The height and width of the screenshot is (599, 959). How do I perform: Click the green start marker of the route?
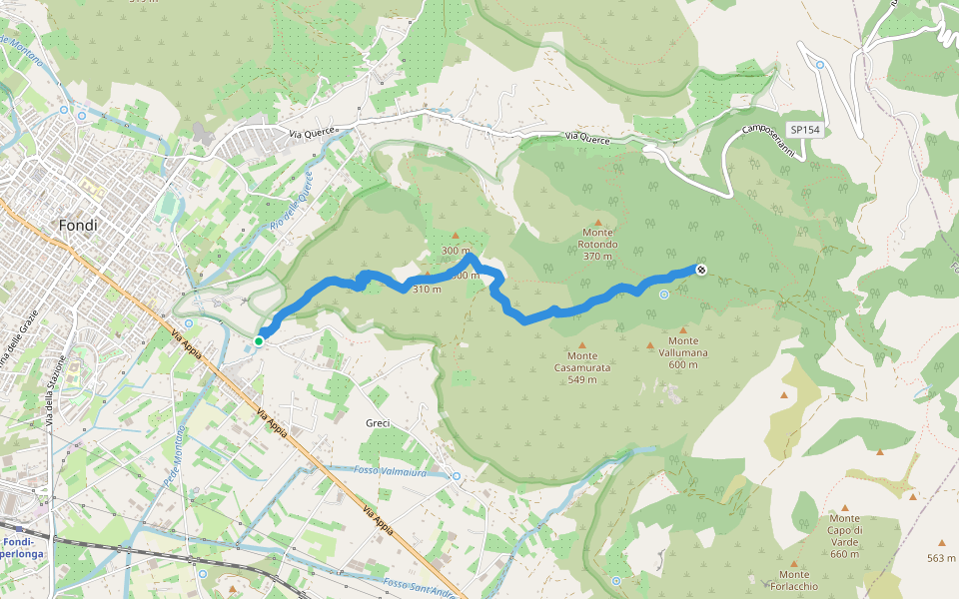pyautogui.click(x=259, y=341)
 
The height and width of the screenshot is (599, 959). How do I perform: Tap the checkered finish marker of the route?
pyautogui.click(x=701, y=270)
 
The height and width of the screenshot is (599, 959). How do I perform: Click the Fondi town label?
pyautogui.click(x=78, y=226)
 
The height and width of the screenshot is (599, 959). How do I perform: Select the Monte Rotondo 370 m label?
pyautogui.click(x=598, y=244)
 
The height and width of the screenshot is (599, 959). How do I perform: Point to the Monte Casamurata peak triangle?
pyautogui.click(x=582, y=344)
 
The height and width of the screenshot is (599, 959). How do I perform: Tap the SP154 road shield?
pyautogui.click(x=804, y=130)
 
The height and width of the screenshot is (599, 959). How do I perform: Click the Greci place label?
pyautogui.click(x=378, y=423)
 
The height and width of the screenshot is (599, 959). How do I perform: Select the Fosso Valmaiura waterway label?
pyautogui.click(x=390, y=470)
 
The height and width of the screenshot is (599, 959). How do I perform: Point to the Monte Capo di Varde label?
pyautogui.click(x=844, y=536)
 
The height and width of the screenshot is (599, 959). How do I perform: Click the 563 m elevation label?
pyautogui.click(x=941, y=558)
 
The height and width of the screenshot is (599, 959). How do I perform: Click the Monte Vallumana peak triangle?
pyautogui.click(x=683, y=329)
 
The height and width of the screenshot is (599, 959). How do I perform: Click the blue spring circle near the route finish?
pyautogui.click(x=664, y=294)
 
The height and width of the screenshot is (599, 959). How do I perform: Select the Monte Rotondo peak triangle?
pyautogui.click(x=598, y=223)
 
